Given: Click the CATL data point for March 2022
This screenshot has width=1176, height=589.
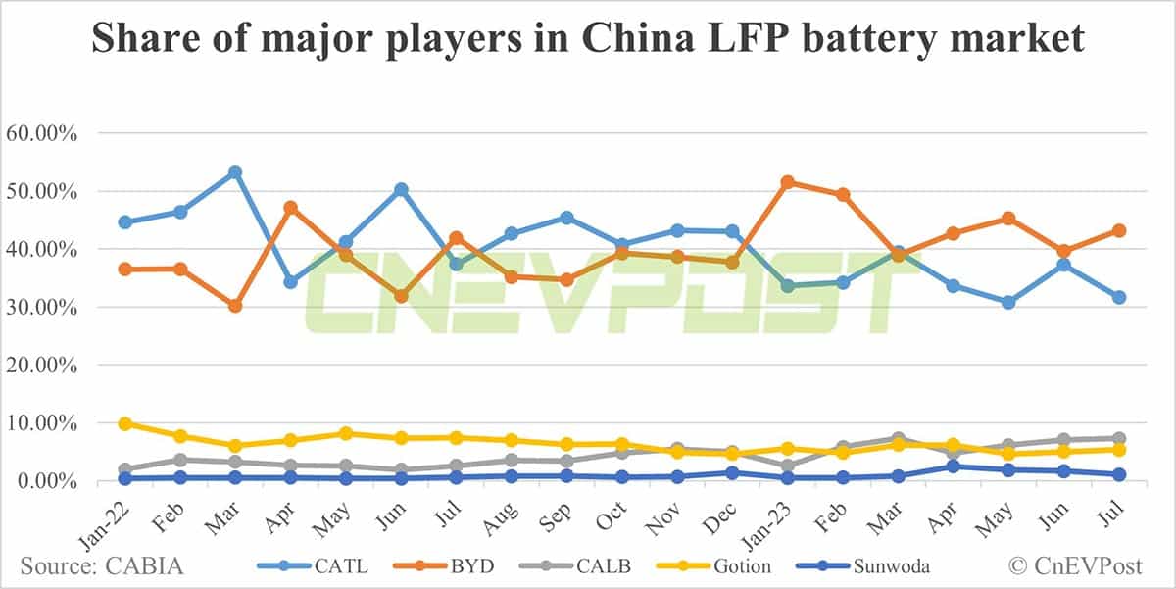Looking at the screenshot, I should tap(235, 172).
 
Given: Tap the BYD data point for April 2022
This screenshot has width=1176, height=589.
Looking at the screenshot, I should tap(290, 208).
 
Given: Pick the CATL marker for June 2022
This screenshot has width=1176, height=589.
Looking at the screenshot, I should tap(401, 189).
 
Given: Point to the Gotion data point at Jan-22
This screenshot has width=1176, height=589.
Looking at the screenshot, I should tap(124, 423).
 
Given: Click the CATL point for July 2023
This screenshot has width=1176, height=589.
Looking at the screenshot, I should tap(1119, 297).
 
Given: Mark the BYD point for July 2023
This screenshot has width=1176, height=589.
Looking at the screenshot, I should tap(1119, 230).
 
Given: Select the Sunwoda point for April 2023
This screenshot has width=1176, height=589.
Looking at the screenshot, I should tap(954, 466).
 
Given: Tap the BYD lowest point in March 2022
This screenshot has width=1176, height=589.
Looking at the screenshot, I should tap(235, 306).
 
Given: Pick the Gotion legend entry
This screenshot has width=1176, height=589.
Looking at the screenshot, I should tap(740, 565).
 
